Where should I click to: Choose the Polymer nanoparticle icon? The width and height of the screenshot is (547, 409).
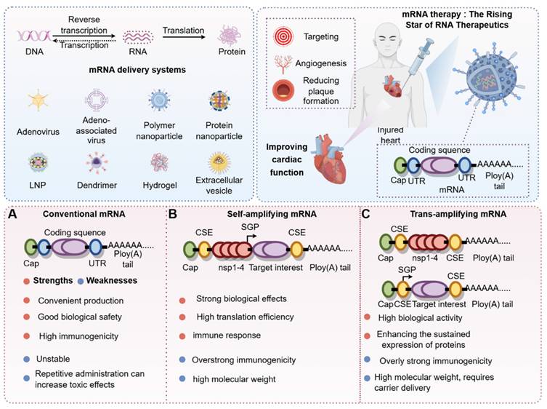160,102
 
